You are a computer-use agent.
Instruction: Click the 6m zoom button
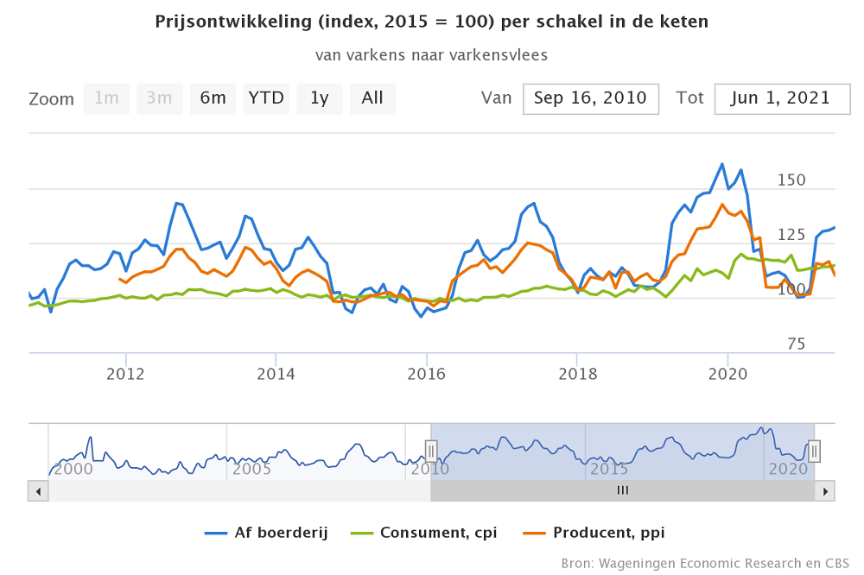coord(213,98)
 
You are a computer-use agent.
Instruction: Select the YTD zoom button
coord(266,98)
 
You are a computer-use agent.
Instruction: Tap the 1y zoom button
coord(320,98)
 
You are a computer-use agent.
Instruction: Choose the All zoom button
coord(372,98)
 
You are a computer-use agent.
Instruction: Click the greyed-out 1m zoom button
coord(106,98)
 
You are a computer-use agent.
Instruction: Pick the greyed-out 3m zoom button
coord(159,98)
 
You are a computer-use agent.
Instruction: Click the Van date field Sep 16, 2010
coord(591,98)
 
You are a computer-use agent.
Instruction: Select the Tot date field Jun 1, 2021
coord(780,98)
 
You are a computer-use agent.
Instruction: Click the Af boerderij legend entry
coord(267,533)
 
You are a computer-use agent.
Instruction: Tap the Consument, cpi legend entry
coord(426,533)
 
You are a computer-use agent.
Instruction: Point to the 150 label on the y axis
coord(791,180)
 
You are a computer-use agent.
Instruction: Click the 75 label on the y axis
coord(796,344)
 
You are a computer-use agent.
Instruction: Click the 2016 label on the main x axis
coord(426,374)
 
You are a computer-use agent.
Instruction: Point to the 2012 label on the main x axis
coord(126,374)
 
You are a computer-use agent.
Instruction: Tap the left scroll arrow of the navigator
coord(39,491)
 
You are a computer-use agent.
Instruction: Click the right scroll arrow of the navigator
coord(825,491)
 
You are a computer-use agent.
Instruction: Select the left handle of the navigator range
coord(431,451)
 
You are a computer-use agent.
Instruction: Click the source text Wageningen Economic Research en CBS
coord(705,563)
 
